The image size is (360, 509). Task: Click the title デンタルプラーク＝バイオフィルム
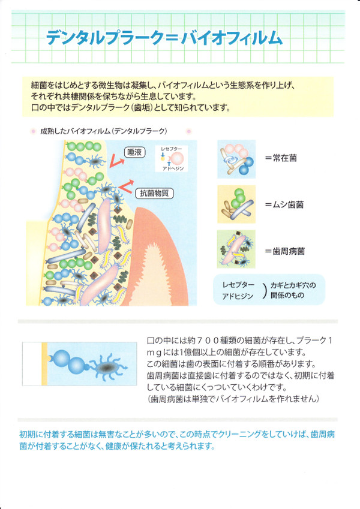[164, 38]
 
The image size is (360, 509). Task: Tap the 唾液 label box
[135, 152]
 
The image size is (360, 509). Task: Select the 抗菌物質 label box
[154, 194]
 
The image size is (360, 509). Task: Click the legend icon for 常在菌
[236, 159]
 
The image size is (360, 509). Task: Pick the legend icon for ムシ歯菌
[236, 204]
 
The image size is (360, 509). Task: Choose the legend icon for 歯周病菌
[236, 249]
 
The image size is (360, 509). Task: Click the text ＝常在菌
[281, 158]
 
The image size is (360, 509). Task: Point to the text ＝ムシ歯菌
[284, 204]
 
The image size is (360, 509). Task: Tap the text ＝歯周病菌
[284, 251]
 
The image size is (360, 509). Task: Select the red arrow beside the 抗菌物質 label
[127, 185]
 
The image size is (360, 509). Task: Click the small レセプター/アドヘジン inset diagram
[172, 158]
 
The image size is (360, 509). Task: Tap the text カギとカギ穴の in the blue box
[293, 285]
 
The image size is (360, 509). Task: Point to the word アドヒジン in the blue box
[238, 296]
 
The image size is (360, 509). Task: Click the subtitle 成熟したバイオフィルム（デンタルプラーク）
[104, 131]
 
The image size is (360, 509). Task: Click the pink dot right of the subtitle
[189, 131]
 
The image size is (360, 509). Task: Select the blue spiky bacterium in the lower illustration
[107, 368]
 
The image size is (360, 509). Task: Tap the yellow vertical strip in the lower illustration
[44, 363]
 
